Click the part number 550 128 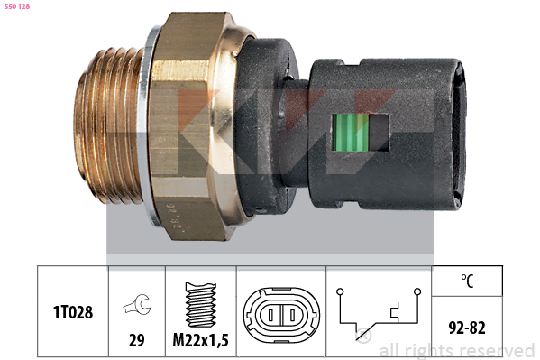[x=17, y=6]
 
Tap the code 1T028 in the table [x=73, y=312]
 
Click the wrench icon [x=137, y=304]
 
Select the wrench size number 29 [x=137, y=340]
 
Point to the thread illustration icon [x=201, y=305]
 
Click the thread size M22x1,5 [x=200, y=340]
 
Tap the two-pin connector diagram [x=281, y=315]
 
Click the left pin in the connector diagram [x=270, y=315]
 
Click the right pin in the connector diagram [x=292, y=315]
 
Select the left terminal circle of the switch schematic [x=340, y=291]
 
